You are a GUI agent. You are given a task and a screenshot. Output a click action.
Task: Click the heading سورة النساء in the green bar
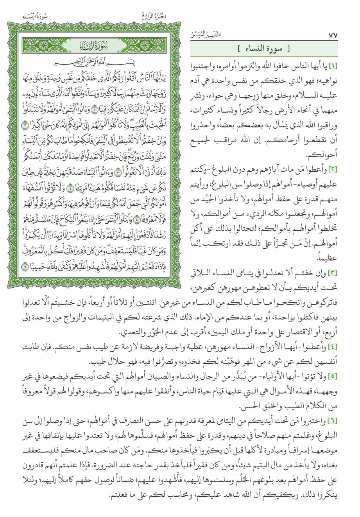[x=270, y=50]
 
